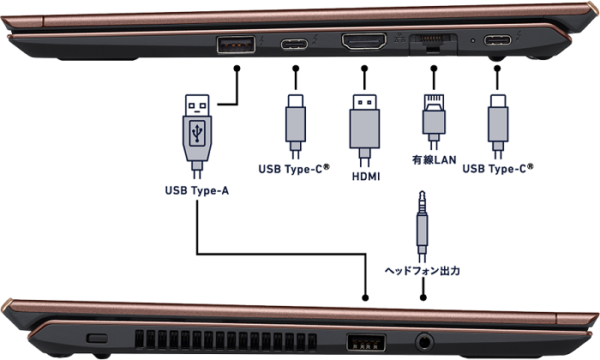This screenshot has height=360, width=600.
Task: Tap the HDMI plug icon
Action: pyautogui.click(x=364, y=124)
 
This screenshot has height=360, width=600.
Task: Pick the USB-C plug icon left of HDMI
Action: pyautogui.click(x=296, y=121)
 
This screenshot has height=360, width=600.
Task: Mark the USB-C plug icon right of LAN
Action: pyautogui.click(x=498, y=121)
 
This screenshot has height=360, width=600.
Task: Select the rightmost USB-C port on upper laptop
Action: pyautogui.click(x=498, y=40)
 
